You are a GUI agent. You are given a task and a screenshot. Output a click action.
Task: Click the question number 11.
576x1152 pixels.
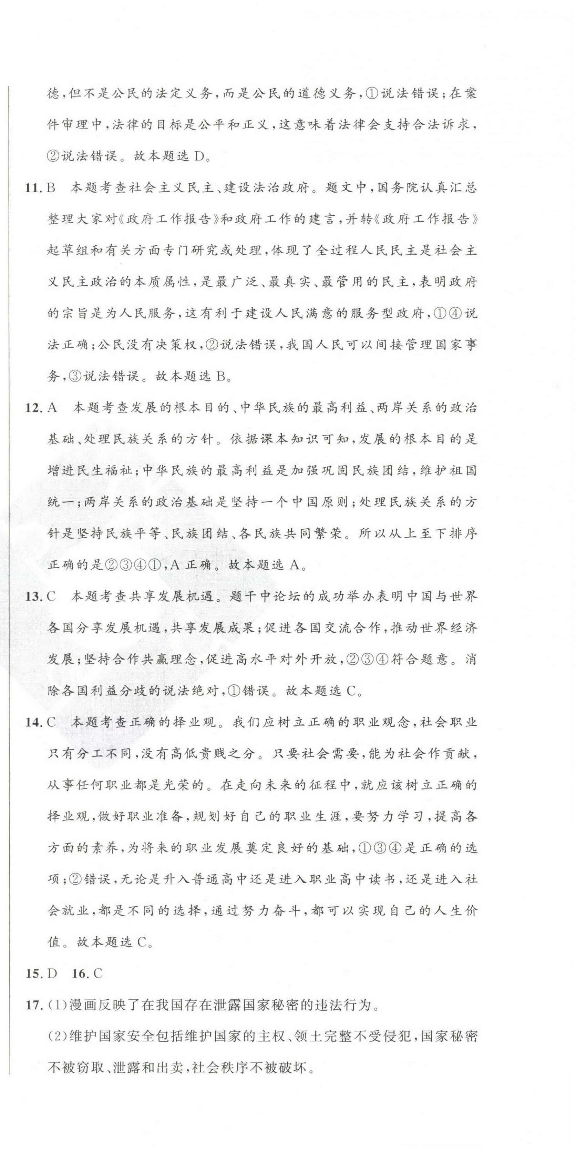33,187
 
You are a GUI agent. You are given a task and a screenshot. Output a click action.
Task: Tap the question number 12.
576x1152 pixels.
33,408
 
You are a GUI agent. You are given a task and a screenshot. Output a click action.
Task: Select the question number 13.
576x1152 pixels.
33,597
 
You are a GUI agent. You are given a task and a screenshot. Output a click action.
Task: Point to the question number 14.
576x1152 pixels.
33,722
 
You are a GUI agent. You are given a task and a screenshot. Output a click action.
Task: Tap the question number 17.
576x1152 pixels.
33,1005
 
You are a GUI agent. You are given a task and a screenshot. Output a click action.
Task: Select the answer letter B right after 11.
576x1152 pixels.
51,187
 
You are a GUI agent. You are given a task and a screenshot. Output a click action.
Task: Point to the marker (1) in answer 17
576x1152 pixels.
57,1005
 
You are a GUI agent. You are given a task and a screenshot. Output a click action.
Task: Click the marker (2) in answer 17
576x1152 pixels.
57,1037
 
